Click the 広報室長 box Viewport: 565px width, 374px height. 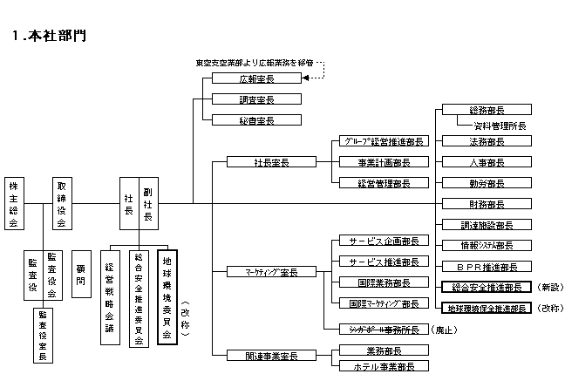[256, 78]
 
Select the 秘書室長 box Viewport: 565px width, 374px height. [256, 120]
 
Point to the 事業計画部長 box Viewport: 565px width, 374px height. [378, 162]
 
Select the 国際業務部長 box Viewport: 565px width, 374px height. [378, 282]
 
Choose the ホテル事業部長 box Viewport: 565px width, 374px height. [378, 366]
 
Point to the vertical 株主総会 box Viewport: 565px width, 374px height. [13, 204]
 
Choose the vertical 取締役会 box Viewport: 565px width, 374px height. [61, 204]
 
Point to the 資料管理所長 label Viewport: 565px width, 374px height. [494, 126]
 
